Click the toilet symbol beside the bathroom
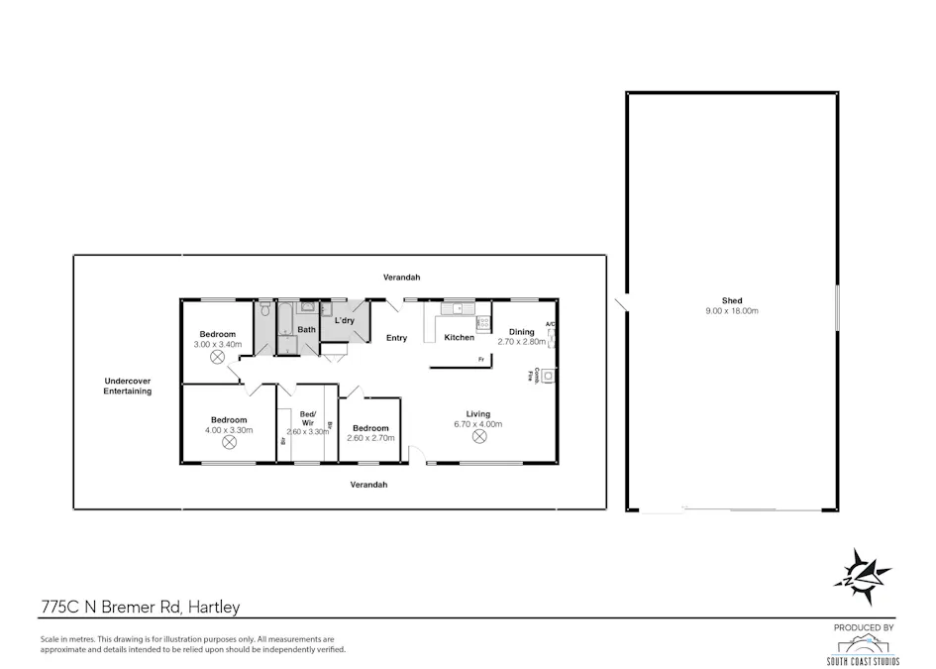click(x=264, y=309)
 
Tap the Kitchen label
click(x=459, y=338)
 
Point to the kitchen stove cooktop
click(x=483, y=323)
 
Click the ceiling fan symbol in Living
click(x=479, y=436)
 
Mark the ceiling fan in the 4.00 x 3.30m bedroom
click(x=229, y=443)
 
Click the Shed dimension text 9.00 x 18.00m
click(x=732, y=311)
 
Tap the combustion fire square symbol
click(x=547, y=375)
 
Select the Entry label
click(x=396, y=338)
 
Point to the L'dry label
click(x=344, y=321)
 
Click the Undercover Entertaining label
click(x=128, y=387)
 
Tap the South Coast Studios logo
click(x=863, y=649)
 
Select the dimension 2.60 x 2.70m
click(x=371, y=437)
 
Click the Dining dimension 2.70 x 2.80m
click(x=522, y=342)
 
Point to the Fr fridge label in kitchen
click(x=481, y=359)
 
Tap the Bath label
click(x=307, y=330)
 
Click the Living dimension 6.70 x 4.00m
click(x=479, y=424)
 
